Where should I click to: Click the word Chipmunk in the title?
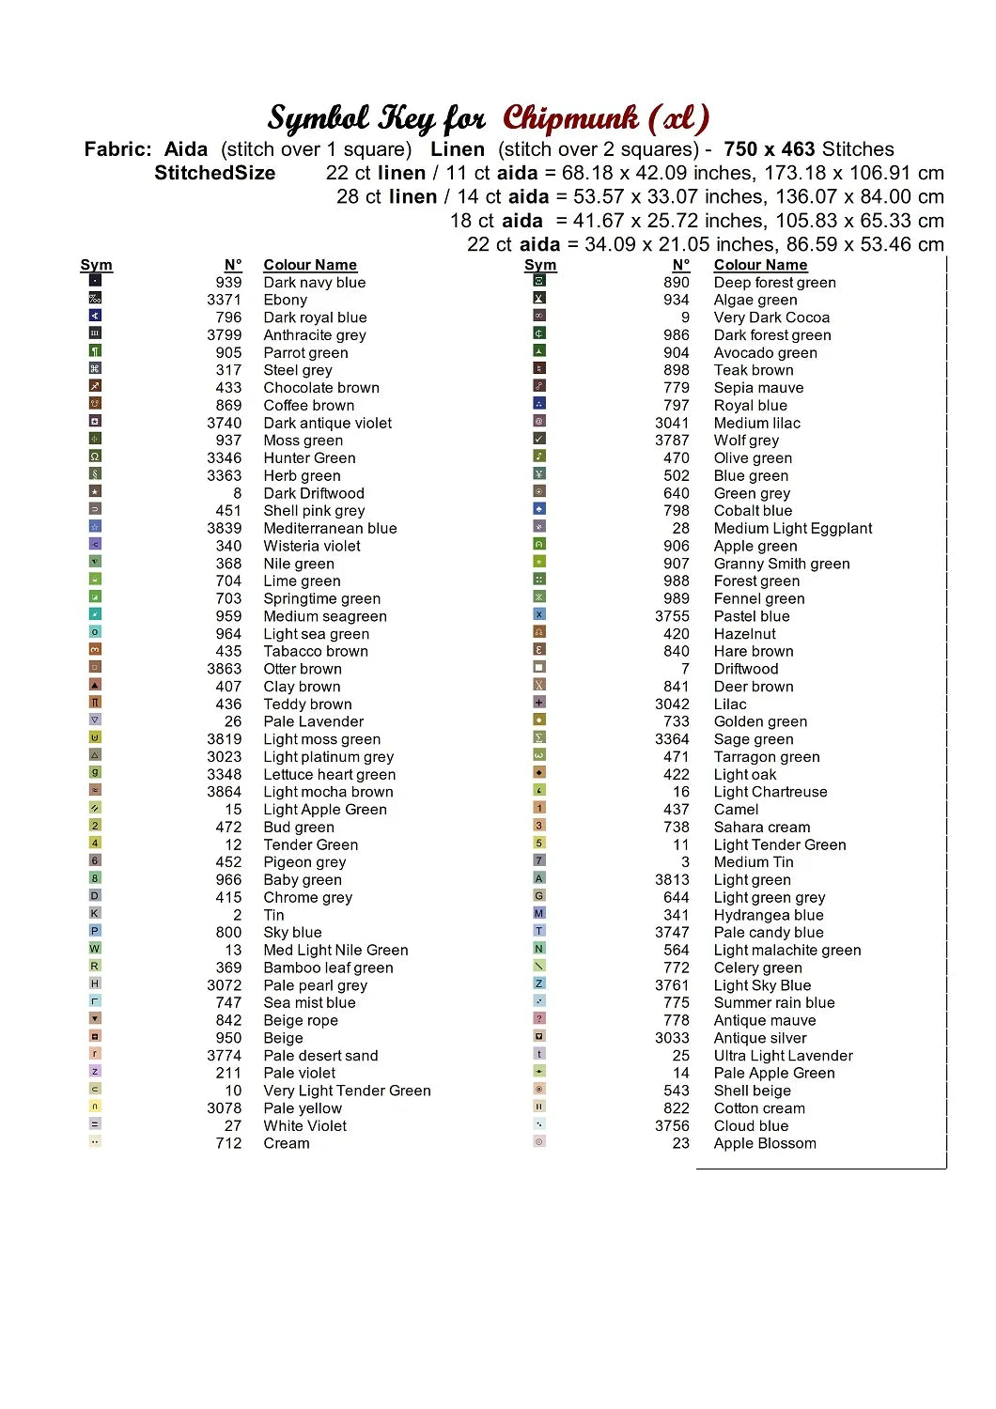[570, 118]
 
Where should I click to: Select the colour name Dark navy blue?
[314, 283]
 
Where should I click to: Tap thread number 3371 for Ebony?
[224, 300]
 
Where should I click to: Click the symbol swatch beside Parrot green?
[95, 350]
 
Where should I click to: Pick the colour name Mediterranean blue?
[330, 529]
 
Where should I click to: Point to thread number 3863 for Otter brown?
[224, 669]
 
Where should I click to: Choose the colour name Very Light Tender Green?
[347, 1091]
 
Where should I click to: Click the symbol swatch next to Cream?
[95, 1141]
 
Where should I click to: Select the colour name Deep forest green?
[774, 283]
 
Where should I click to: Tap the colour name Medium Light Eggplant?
[792, 529]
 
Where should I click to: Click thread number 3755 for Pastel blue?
[672, 616]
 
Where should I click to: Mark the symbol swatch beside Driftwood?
[539, 667]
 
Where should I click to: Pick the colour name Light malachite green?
[786, 951]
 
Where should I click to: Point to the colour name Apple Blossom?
[764, 1143]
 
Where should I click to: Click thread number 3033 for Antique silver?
[672, 1038]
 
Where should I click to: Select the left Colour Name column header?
[310, 265]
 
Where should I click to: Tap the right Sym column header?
[540, 265]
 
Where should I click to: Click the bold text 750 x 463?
[769, 149]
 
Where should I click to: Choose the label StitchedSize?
[215, 173]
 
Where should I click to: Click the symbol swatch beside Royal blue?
[539, 403]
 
